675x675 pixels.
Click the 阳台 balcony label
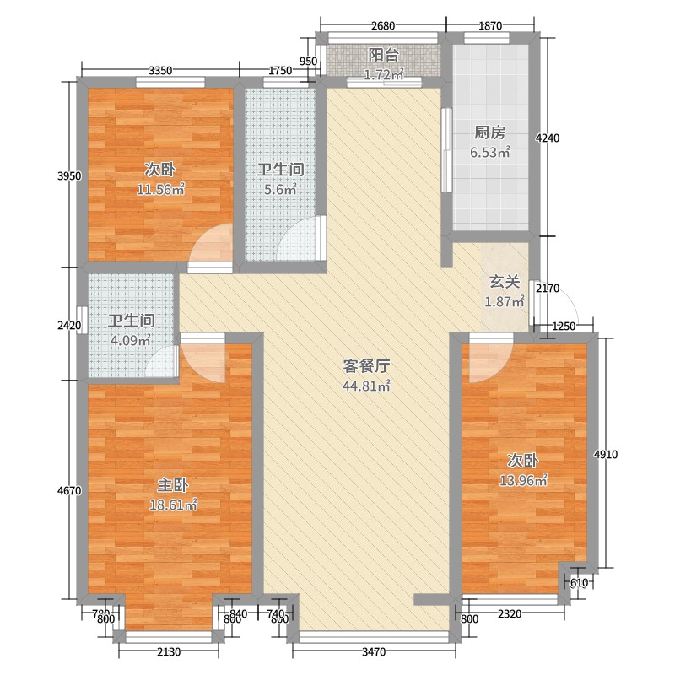(x=384, y=55)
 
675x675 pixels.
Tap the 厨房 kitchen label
(x=490, y=132)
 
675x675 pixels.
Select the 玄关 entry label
(x=505, y=282)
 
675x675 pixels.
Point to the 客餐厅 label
(x=366, y=366)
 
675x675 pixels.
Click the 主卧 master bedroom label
(x=173, y=485)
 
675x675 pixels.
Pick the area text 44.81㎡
(x=366, y=386)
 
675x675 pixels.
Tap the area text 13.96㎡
(x=523, y=480)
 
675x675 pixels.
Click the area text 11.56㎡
(x=160, y=189)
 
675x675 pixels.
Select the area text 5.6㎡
(x=281, y=189)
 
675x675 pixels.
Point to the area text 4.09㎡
(x=131, y=341)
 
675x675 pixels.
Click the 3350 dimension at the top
(x=160, y=70)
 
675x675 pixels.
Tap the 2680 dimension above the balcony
(x=383, y=26)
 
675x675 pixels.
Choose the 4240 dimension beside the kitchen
(x=548, y=138)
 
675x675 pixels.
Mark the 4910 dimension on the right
(x=606, y=454)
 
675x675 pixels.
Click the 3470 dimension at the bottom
(x=374, y=651)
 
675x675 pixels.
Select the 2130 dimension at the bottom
(x=168, y=651)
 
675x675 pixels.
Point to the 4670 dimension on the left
(x=69, y=490)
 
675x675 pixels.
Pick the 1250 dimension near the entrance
(x=564, y=327)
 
